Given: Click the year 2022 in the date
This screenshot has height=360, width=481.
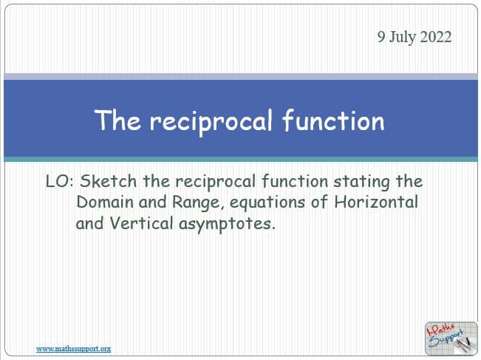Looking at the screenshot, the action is tap(436, 37).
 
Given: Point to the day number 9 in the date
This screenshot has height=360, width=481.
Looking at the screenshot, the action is tap(381, 37).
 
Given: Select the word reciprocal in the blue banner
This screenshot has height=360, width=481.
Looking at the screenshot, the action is tap(211, 122).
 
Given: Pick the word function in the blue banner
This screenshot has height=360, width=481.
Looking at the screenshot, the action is tap(333, 120).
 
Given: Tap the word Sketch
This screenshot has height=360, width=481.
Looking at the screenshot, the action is tap(108, 181).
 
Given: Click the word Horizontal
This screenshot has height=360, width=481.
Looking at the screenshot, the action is tap(376, 202).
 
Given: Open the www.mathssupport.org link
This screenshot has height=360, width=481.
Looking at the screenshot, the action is tap(74, 349).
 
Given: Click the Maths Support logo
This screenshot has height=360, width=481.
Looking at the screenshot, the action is tap(451, 339).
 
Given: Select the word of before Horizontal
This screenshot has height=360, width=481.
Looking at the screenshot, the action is tap(319, 202).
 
